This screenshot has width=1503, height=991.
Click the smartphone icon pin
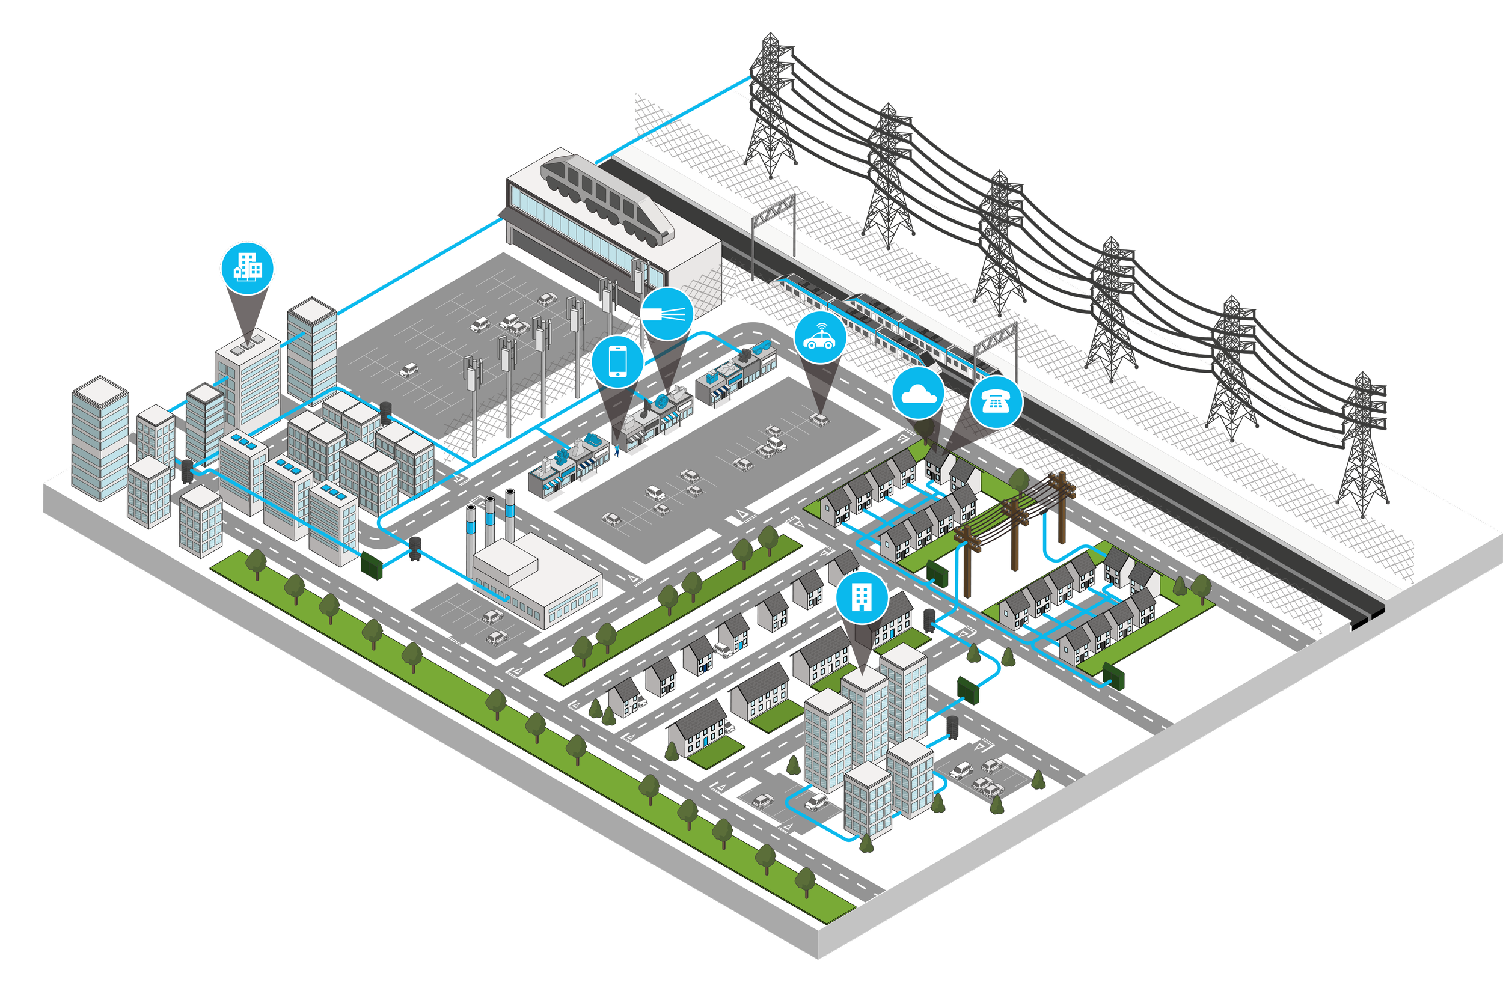coord(618,362)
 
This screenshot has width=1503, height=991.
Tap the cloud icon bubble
coord(918,394)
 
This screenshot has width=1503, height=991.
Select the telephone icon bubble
coord(996,402)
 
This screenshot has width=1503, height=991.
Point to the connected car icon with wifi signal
coord(819,338)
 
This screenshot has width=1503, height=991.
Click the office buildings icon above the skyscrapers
coord(247,268)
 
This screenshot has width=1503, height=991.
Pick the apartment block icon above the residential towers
coord(862,597)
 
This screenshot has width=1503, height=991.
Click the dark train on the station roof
coord(607,197)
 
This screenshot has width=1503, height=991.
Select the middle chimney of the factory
coord(490,520)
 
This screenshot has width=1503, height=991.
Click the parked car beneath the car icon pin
coord(819,418)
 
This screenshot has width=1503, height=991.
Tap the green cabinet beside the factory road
coord(372,566)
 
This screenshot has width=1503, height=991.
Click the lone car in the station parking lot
coord(409,369)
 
